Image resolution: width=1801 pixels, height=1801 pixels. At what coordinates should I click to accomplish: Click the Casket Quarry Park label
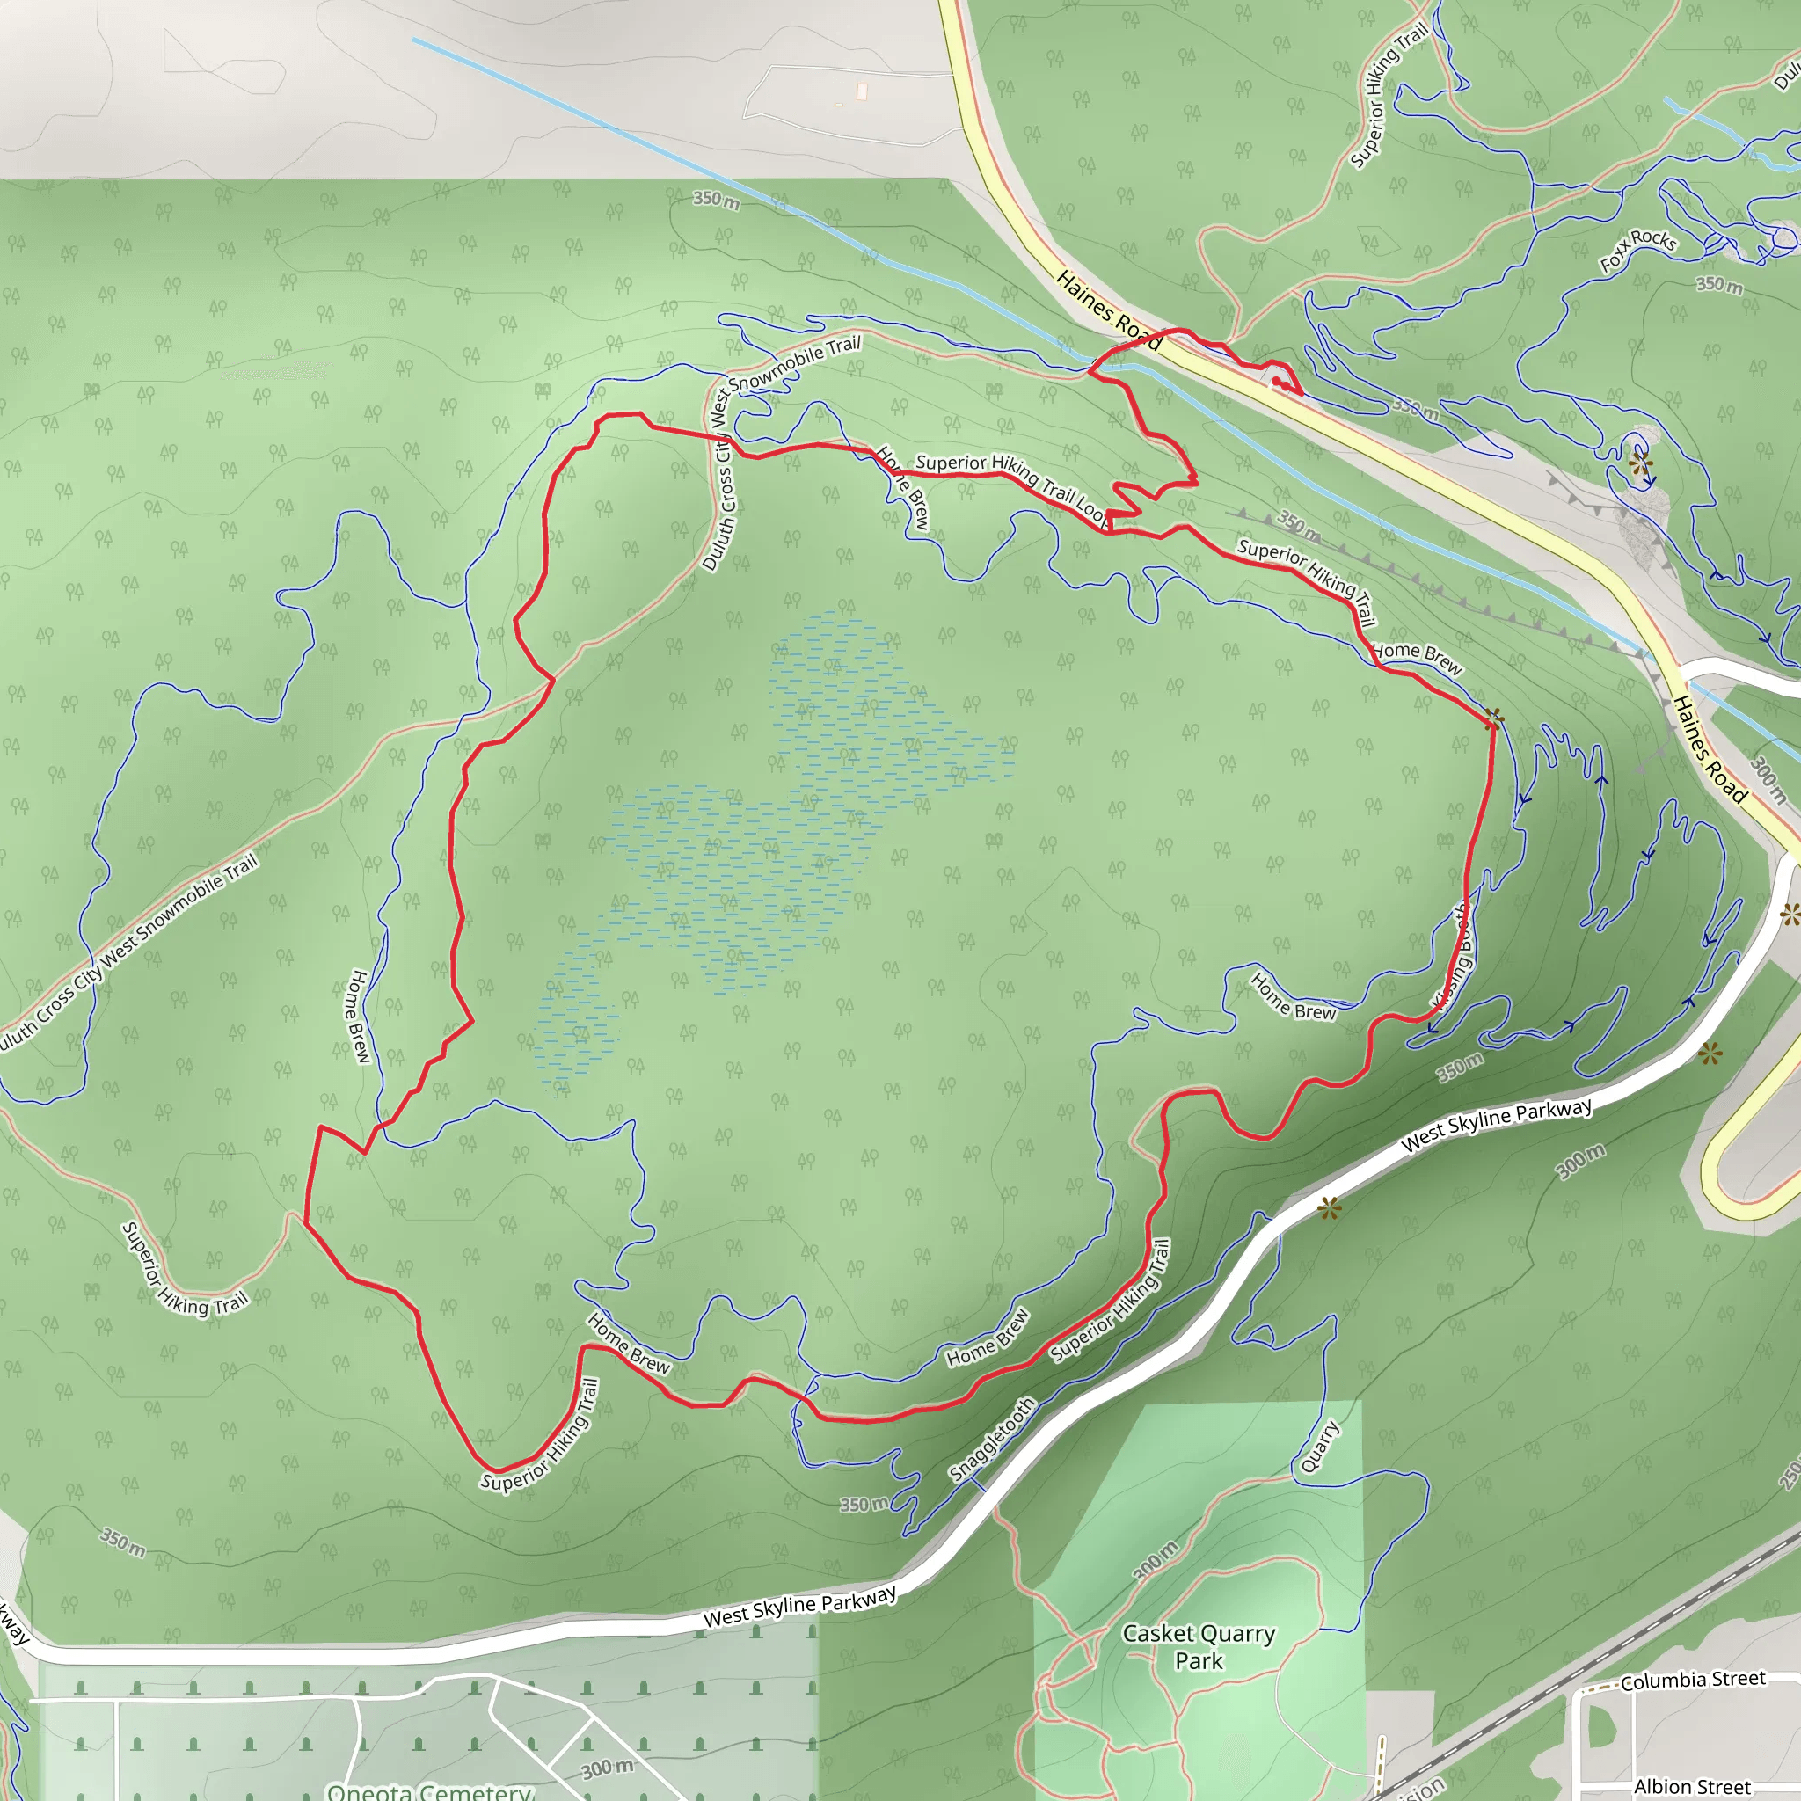tap(1198, 1646)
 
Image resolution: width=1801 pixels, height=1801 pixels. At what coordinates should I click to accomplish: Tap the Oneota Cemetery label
tap(430, 1790)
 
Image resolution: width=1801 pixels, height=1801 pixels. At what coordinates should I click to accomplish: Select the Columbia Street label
tap(1693, 1680)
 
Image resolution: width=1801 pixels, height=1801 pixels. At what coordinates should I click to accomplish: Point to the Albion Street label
tap(1692, 1786)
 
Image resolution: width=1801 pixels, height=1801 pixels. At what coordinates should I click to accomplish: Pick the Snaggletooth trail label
tap(992, 1440)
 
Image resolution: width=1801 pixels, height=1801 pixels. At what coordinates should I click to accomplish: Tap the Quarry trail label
tap(1320, 1446)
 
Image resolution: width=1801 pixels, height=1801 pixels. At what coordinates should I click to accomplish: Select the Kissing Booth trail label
tap(1454, 957)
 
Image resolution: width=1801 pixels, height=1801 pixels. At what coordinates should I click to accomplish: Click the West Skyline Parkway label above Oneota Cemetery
tap(800, 1605)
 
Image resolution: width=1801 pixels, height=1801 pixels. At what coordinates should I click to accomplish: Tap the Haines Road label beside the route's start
tap(1109, 310)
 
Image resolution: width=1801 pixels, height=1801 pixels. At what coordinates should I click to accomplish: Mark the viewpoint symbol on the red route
tap(1493, 718)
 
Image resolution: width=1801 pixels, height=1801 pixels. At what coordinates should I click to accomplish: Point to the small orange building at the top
tap(861, 91)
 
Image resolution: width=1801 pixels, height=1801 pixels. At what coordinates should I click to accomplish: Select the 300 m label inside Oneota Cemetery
tap(607, 1768)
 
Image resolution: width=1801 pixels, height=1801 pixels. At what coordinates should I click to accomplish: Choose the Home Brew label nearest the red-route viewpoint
tap(1417, 656)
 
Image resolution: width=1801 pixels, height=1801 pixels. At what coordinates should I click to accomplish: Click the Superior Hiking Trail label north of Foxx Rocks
tap(1388, 95)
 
